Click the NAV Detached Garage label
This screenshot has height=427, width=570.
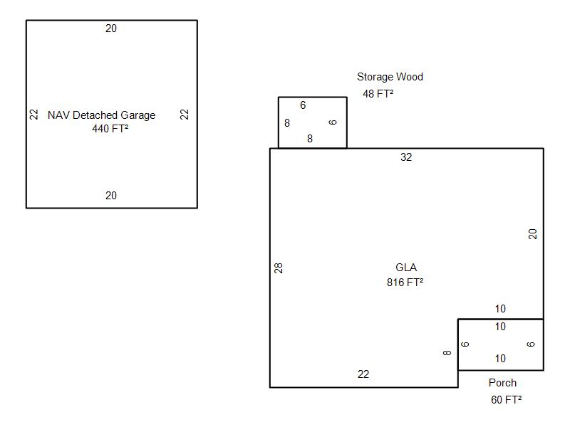click(x=101, y=115)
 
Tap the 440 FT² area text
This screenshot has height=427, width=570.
click(x=110, y=129)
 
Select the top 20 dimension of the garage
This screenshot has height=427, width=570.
click(x=111, y=28)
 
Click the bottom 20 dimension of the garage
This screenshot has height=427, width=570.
click(x=111, y=196)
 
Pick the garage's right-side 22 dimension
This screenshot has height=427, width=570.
click(x=185, y=114)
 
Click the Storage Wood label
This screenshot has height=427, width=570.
click(x=390, y=77)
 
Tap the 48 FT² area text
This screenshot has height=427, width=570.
click(x=378, y=93)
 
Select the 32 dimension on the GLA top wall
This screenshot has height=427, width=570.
click(x=406, y=157)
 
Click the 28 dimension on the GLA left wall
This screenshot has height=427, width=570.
click(x=279, y=268)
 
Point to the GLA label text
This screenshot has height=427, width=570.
click(x=406, y=268)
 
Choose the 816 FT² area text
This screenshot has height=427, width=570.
click(x=405, y=282)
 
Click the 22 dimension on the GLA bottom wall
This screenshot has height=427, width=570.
click(x=363, y=374)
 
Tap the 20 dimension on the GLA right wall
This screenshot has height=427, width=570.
click(x=533, y=233)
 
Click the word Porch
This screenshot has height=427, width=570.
click(x=502, y=383)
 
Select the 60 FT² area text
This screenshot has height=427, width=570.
click(x=506, y=400)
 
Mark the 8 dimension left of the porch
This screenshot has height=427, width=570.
click(x=447, y=352)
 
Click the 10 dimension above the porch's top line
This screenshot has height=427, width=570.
click(x=500, y=309)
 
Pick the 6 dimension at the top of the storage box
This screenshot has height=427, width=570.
click(x=303, y=105)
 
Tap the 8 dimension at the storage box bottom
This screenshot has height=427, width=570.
click(x=310, y=139)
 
